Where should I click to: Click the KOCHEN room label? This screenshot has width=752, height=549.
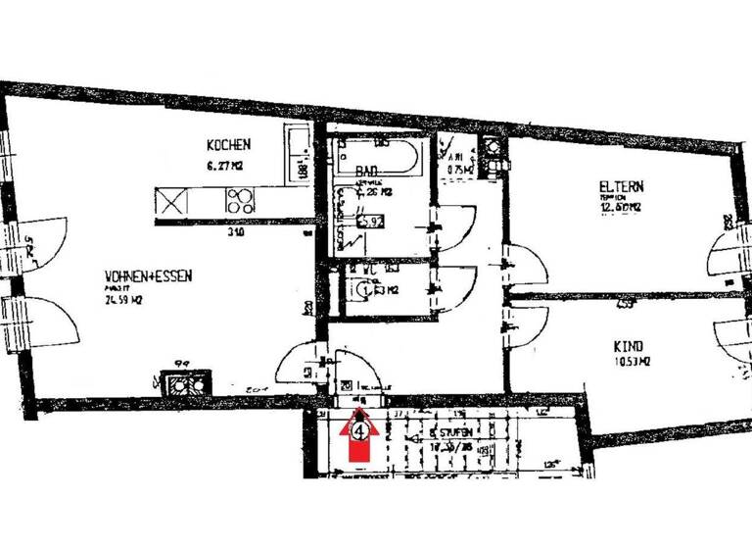tap(227, 145)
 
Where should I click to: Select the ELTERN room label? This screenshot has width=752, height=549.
tap(622, 186)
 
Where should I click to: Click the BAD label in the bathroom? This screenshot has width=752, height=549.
tap(366, 170)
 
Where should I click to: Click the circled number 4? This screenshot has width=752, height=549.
tap(361, 428)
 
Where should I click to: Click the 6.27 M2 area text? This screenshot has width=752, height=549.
tap(223, 167)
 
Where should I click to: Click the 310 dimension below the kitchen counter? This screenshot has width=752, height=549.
tap(234, 233)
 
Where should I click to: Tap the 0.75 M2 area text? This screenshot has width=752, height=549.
tap(459, 170)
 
